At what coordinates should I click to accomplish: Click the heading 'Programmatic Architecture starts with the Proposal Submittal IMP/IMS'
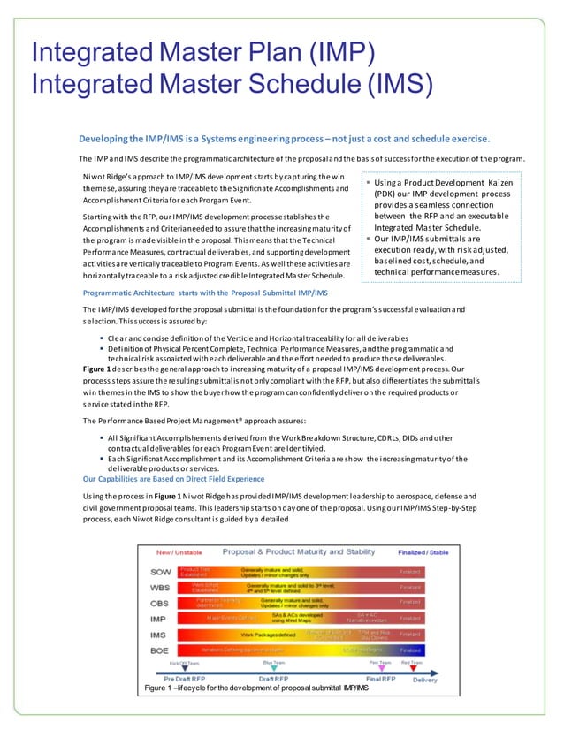[205, 292]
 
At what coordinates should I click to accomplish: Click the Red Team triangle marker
[411, 667]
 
